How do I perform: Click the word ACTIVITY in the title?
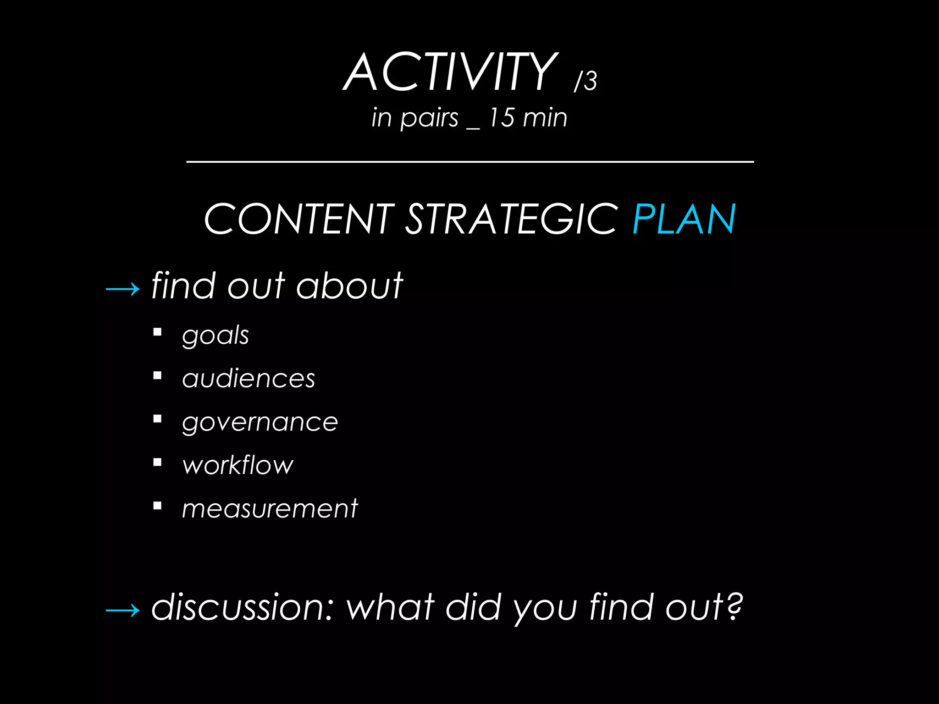click(450, 72)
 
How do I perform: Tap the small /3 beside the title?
click(585, 81)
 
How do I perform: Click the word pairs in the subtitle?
click(429, 118)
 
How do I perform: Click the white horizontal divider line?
click(470, 161)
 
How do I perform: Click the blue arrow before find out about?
click(122, 289)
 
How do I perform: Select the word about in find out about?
click(349, 286)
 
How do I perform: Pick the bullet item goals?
click(215, 335)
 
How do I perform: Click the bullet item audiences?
click(249, 379)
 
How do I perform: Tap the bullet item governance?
click(260, 422)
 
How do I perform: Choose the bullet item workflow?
click(238, 465)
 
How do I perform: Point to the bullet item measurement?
click(270, 508)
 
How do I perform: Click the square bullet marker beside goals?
click(158, 332)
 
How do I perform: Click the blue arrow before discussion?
click(122, 610)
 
